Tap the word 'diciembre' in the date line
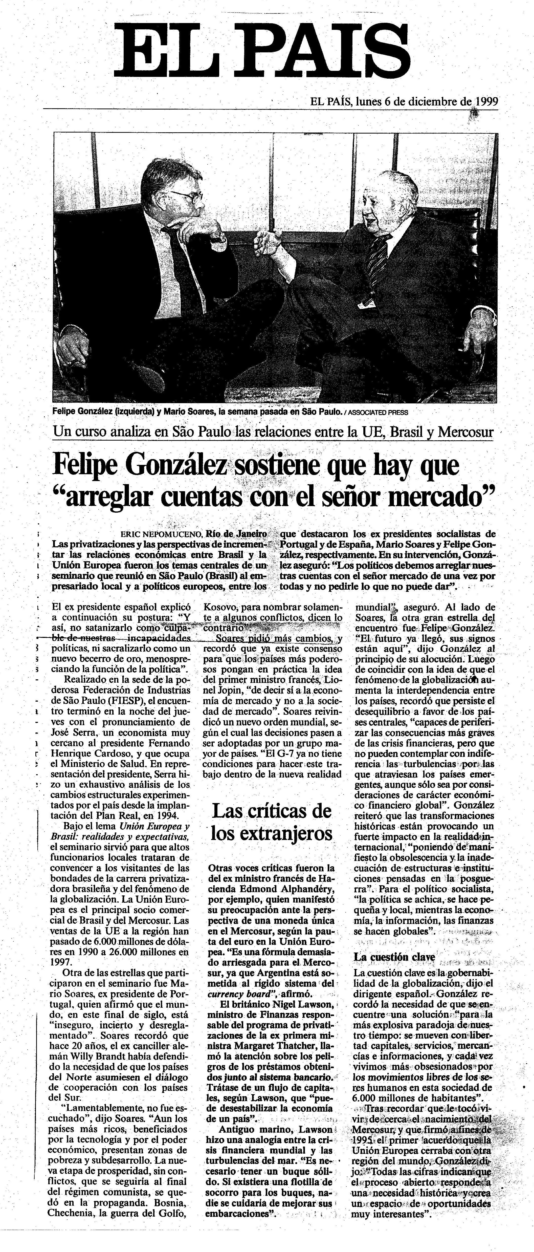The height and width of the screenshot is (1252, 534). [430, 102]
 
